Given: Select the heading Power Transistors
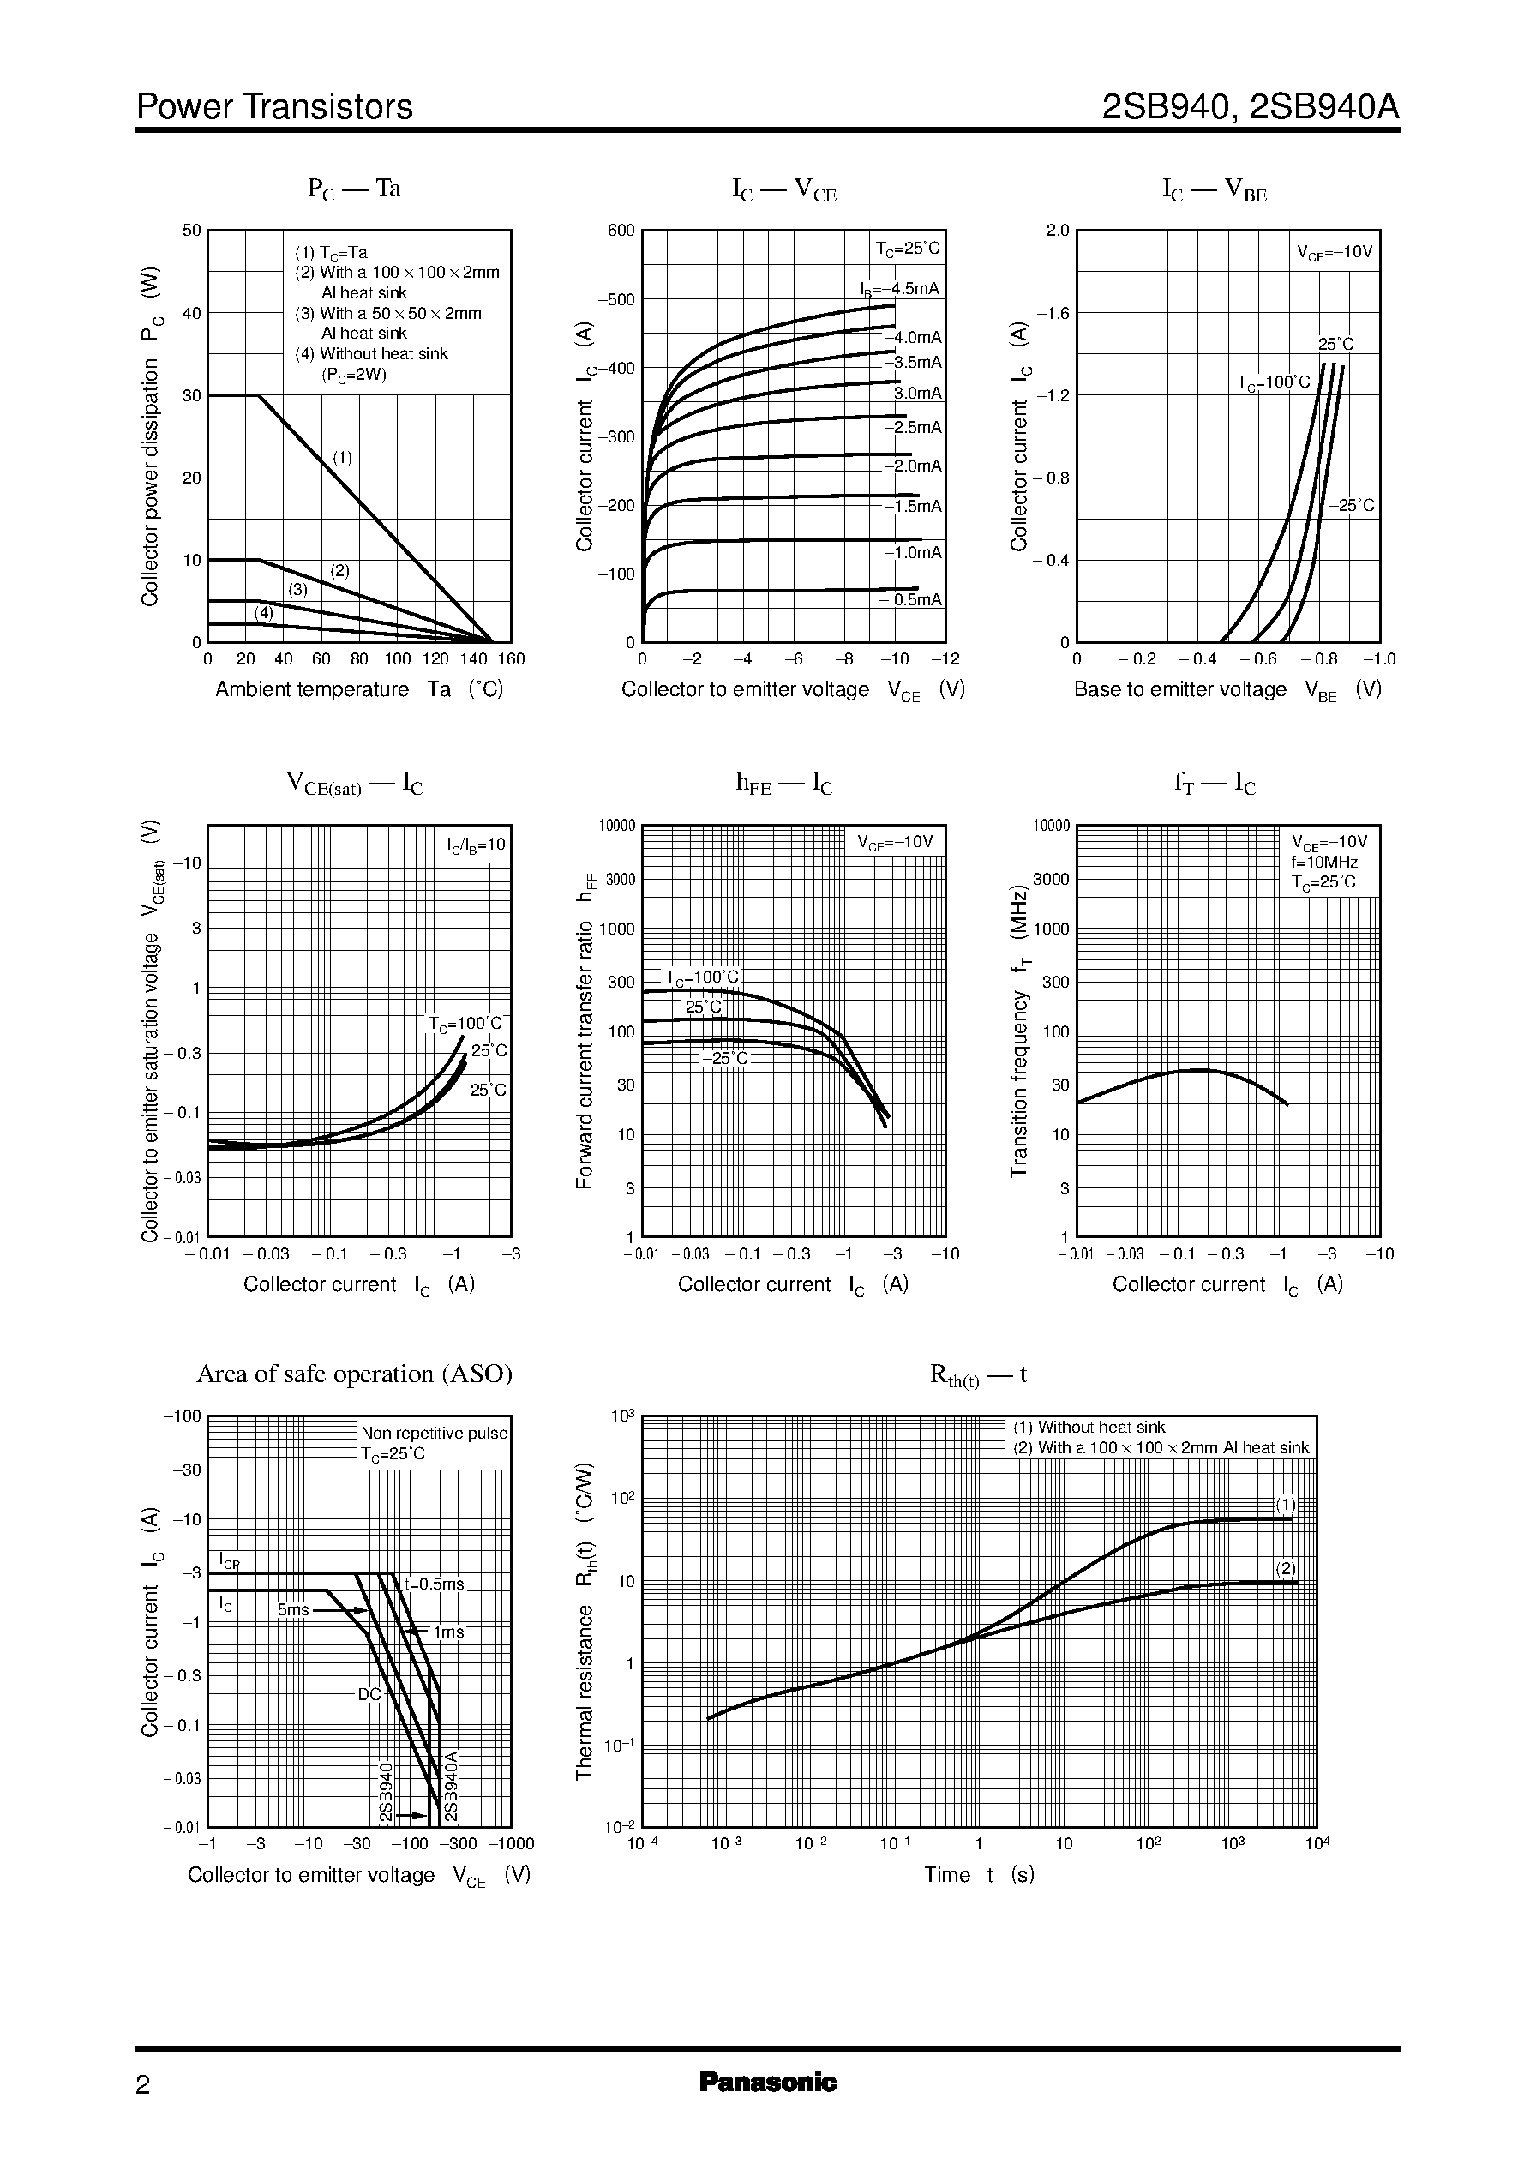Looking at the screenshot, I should coord(274,107).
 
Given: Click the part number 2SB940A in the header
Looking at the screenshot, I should coord(1323,107).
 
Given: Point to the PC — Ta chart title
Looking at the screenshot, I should coord(354,189).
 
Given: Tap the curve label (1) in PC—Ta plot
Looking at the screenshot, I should coord(342,458).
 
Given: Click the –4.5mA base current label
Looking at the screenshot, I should coord(900,290).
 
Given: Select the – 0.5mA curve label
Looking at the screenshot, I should coord(910,600).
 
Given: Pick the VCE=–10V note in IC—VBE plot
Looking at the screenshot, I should coord(1334,253).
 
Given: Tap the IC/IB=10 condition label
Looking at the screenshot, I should coord(477,844).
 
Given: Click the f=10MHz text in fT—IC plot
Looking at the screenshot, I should coord(1324,863).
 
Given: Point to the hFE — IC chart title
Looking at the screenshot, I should coord(783,784).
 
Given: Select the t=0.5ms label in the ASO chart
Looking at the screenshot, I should coord(434,1584).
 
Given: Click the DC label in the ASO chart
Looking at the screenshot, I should coord(369,1694).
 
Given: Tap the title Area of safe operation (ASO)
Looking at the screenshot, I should coord(354,1374).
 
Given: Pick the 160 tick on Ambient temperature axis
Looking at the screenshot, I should coord(511,659).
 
